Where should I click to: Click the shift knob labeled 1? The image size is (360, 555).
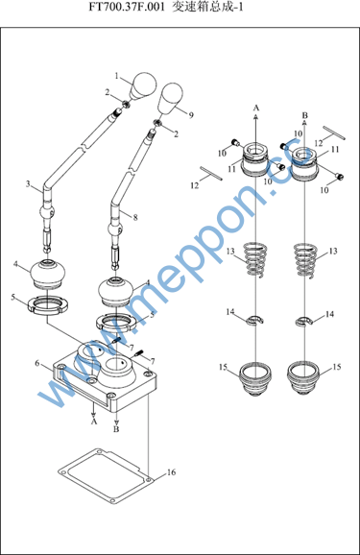tap(143, 85)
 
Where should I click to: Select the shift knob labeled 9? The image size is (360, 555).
tap(170, 98)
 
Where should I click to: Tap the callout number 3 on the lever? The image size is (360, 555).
tap(28, 184)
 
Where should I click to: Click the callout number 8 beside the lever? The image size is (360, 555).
tap(135, 217)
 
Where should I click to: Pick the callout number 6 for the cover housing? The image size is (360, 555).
tap(37, 364)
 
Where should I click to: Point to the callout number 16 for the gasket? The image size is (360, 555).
tap(171, 472)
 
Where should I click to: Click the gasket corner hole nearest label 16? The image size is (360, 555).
tap(148, 480)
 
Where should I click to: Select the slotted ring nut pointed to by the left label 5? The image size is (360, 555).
tap(48, 305)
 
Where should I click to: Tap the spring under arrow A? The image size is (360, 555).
tap(255, 259)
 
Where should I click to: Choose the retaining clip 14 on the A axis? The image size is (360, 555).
tap(254, 319)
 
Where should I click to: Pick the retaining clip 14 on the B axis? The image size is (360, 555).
tap(304, 321)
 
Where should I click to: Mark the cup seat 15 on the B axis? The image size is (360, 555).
tap(304, 378)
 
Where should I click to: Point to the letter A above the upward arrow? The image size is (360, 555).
tap(256, 108)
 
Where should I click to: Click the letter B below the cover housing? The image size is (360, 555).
tap(116, 429)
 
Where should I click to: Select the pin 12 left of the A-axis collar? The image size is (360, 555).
tap(211, 173)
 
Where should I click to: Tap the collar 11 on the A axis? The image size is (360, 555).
tap(255, 159)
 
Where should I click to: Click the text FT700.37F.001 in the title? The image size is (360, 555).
tap(127, 7)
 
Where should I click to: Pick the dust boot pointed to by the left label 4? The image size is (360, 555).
tap(48, 274)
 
